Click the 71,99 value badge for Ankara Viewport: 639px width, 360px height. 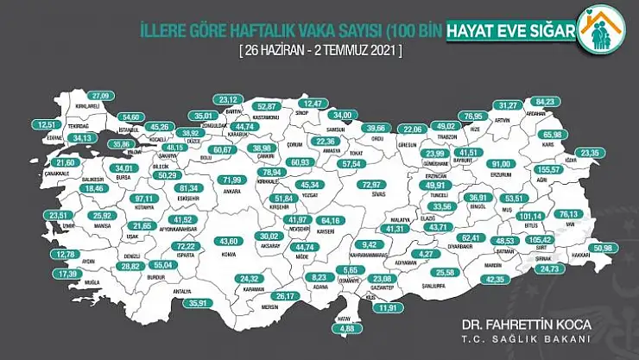point(230,180)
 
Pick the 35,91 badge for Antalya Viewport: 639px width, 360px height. point(200,303)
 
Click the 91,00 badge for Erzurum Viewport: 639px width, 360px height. point(502,164)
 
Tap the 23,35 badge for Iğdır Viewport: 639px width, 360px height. point(591,153)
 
